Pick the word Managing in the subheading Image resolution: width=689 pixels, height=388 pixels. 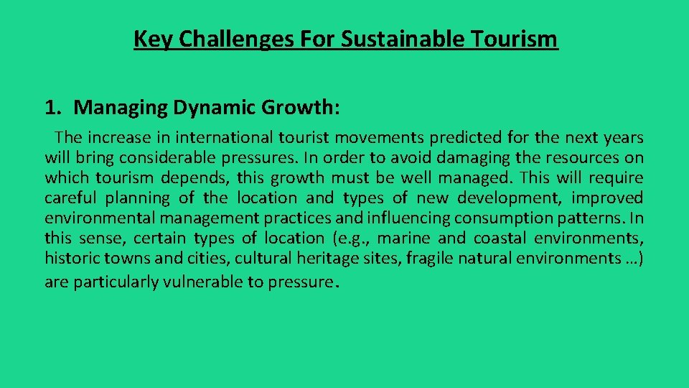(121, 108)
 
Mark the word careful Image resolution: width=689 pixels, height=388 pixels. (70, 198)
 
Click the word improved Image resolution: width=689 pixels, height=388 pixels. (607, 198)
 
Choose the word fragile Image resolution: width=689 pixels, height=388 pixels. (428, 258)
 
